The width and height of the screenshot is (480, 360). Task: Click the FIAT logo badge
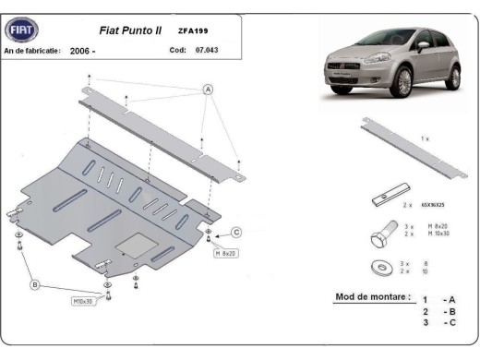[21, 30]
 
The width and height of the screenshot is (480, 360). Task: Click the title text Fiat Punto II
[129, 30]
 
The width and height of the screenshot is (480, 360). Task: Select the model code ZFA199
[192, 31]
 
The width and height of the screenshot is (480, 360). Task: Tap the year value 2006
[81, 51]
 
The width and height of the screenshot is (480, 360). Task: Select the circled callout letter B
[35, 286]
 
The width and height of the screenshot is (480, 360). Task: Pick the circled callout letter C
[236, 233]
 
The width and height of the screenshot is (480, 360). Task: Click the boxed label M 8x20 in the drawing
[225, 252]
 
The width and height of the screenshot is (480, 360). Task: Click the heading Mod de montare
[368, 298]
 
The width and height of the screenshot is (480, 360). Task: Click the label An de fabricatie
[32, 51]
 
